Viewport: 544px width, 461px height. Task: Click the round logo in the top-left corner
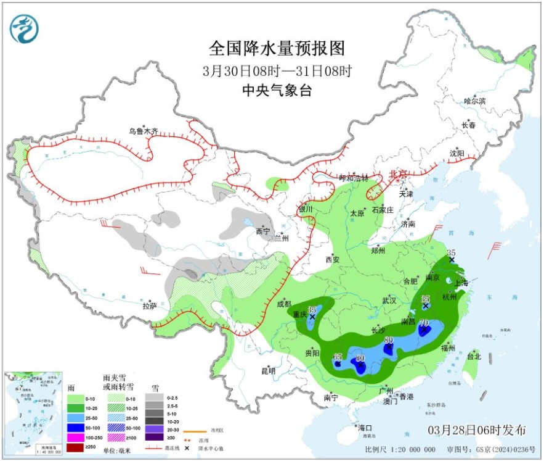pos(24,28)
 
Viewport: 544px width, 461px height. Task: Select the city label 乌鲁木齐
pos(143,131)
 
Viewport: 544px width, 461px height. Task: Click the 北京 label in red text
pos(398,175)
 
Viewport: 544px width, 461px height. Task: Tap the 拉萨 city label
pos(150,305)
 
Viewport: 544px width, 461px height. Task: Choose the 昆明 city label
pos(269,371)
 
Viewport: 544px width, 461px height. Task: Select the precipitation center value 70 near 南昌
pos(424,322)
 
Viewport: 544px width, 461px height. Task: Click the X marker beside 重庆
pos(312,317)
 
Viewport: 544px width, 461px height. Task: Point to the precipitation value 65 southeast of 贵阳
pos(338,357)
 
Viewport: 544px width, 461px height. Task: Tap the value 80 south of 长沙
pos(388,340)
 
